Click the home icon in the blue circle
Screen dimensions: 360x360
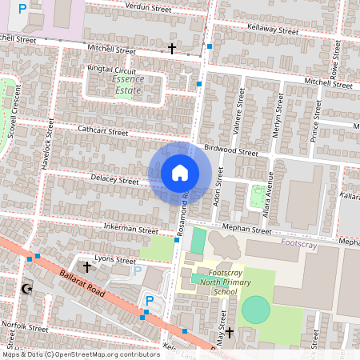[180, 173]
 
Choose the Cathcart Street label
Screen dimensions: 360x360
[103, 130]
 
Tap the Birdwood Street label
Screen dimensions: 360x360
[231, 150]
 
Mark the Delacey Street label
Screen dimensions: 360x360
[114, 181]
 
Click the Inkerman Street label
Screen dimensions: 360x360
[131, 230]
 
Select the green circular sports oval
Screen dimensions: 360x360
[256, 310]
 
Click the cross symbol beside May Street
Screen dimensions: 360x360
[230, 332]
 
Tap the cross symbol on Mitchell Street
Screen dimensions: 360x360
[171, 49]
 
